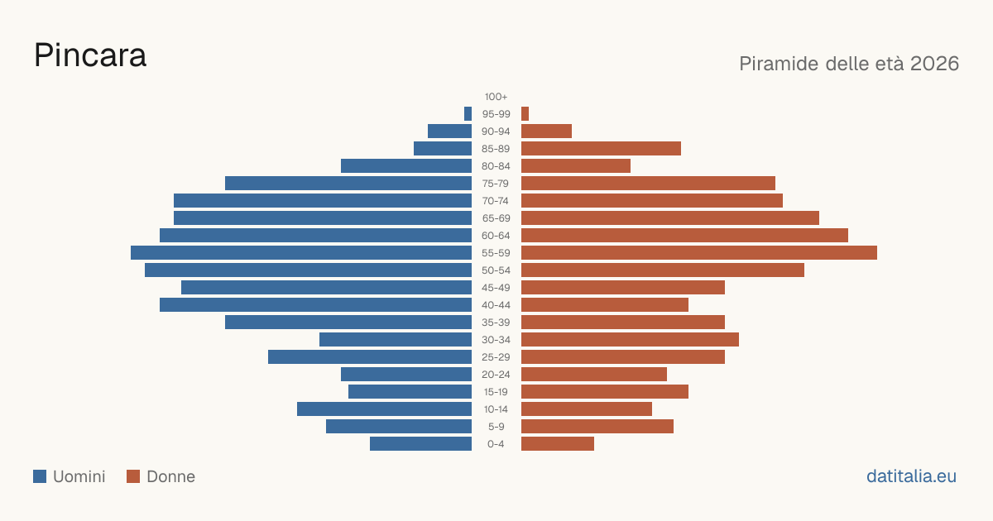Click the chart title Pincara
tap(90, 55)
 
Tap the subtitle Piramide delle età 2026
tap(849, 64)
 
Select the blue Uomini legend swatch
tap(40, 476)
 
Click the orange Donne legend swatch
tap(133, 476)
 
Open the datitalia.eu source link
tap(911, 476)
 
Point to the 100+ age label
tap(496, 97)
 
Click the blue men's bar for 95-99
tap(468, 114)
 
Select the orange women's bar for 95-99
tap(525, 114)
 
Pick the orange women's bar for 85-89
tap(601, 148)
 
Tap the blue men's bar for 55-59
tap(301, 252)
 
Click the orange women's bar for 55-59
tap(699, 252)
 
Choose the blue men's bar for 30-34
tap(396, 339)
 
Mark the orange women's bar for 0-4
tap(558, 444)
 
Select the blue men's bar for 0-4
tap(420, 444)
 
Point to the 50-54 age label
tap(496, 270)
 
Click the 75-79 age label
tap(496, 184)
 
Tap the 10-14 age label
tap(496, 409)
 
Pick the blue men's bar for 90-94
tap(449, 131)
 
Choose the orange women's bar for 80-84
tap(576, 166)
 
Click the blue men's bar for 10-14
tap(384, 409)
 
